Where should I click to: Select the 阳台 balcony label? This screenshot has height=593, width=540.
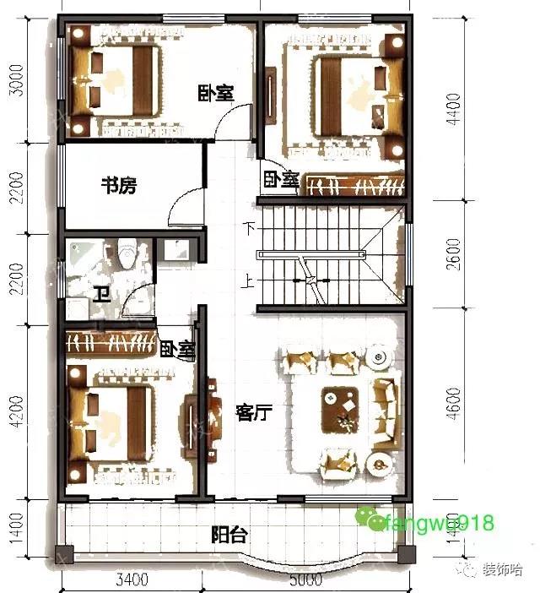[x=229, y=535]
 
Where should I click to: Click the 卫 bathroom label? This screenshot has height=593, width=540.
[x=101, y=295]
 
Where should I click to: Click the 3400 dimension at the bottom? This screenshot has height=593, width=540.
[x=131, y=580]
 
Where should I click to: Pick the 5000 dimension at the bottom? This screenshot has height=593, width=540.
[x=305, y=580]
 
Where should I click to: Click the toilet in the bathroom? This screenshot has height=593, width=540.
[x=127, y=253]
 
